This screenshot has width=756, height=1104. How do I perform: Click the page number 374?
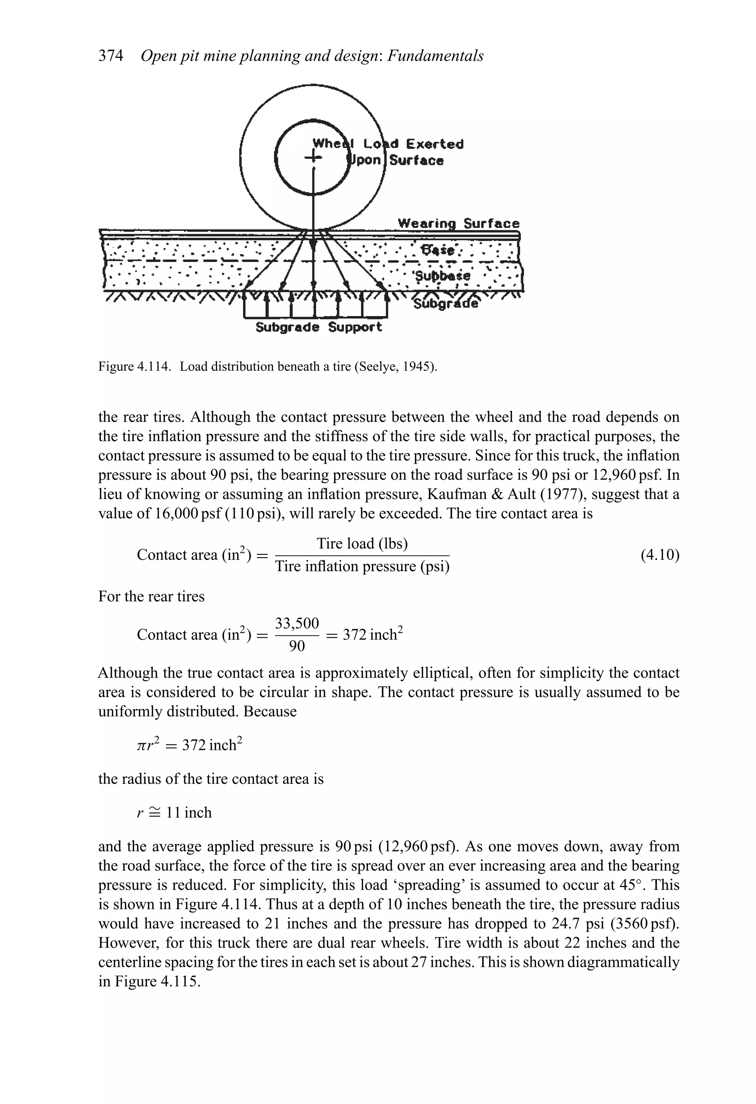click(x=110, y=56)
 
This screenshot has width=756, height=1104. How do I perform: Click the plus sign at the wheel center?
click(x=313, y=157)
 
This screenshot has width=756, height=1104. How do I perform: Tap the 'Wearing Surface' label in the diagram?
click(x=458, y=223)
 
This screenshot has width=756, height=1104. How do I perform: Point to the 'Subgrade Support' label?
click(x=319, y=327)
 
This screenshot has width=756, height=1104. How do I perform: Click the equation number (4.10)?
click(x=660, y=555)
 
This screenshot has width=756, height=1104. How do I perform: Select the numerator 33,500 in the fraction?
click(x=297, y=623)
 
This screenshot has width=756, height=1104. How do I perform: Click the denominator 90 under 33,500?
click(x=297, y=646)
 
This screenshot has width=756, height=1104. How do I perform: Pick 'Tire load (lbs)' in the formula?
click(x=362, y=543)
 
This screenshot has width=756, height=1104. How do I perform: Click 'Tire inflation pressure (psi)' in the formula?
click(x=362, y=566)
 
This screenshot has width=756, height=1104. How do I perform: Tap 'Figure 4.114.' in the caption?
click(x=134, y=367)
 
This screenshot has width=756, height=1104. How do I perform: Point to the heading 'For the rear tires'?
click(x=151, y=596)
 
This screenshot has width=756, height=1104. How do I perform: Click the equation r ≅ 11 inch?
click(x=174, y=813)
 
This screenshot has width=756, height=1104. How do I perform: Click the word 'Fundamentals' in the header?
click(x=435, y=56)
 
